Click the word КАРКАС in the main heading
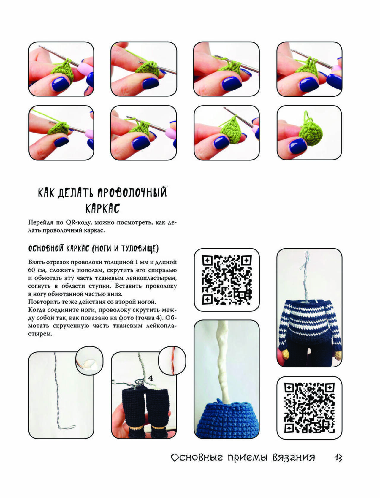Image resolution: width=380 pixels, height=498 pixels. [103, 208]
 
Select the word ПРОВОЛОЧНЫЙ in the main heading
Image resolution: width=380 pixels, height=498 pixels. [133, 192]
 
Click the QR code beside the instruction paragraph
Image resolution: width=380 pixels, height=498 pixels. [227, 279]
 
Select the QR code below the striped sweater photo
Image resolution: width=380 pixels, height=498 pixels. [309, 408]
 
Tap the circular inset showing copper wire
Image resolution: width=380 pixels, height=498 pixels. [172, 360]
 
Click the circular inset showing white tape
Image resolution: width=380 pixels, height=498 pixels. [89, 360]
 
